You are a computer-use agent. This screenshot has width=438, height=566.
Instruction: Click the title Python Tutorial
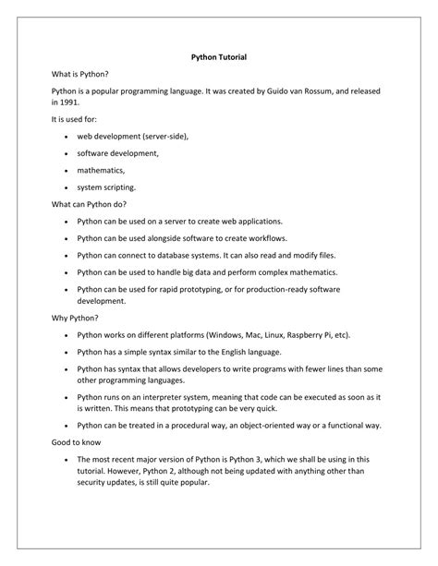(219, 57)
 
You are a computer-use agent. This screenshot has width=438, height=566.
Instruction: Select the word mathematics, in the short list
(101, 170)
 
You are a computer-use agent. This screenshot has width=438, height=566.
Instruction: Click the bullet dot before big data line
(67, 272)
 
